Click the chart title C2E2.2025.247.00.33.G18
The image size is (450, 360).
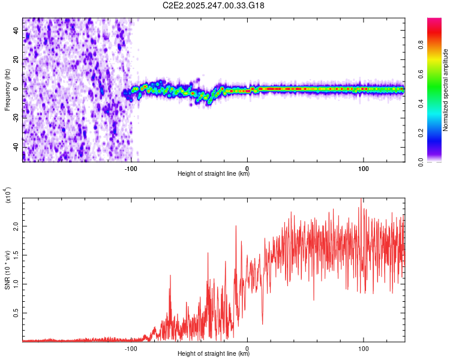[214, 5]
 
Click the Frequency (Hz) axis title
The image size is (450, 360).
[8, 90]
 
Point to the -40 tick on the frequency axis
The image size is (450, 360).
[16, 148]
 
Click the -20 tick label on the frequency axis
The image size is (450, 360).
[16, 118]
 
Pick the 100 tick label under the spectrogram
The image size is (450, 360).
[364, 167]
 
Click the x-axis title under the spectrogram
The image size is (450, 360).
[214, 174]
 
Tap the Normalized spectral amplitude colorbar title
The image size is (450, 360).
[445, 90]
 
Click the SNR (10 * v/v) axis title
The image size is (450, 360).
[8, 270]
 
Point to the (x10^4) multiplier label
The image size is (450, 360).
[8, 196]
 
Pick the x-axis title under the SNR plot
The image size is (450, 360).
[214, 354]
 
